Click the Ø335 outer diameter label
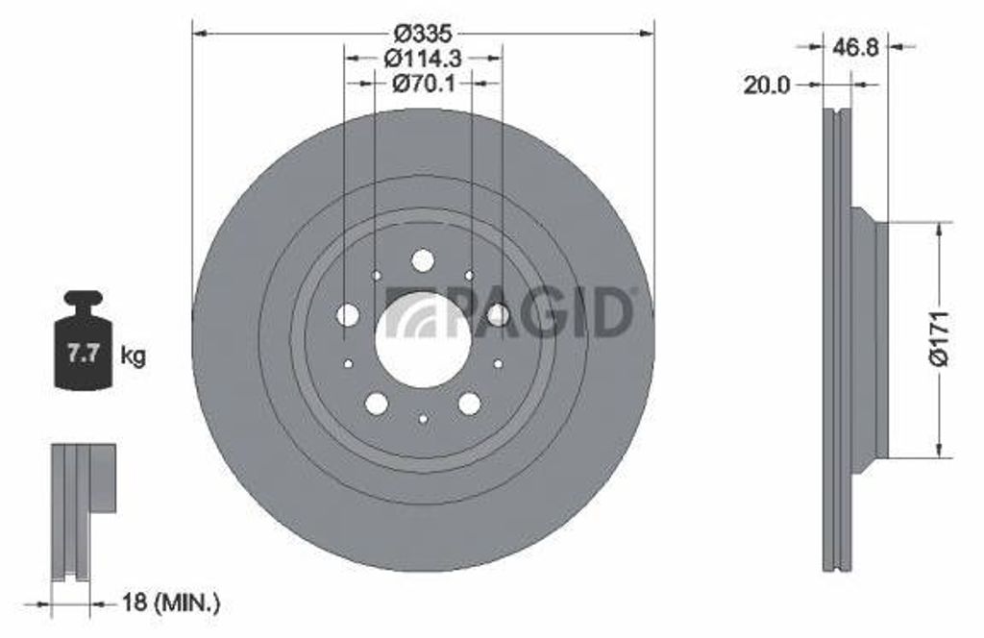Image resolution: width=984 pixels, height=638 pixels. (x=424, y=32)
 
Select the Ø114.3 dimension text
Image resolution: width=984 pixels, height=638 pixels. (x=423, y=59)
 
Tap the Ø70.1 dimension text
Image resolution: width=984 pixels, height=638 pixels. (x=424, y=83)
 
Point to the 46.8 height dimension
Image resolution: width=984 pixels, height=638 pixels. (x=856, y=46)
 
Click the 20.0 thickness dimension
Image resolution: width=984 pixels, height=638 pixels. (x=767, y=85)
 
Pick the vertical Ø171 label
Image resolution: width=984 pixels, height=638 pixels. (x=941, y=339)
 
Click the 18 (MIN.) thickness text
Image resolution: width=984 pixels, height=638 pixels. (x=171, y=603)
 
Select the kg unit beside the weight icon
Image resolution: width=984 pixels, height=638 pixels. (x=133, y=356)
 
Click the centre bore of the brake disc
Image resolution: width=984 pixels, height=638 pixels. (x=423, y=341)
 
